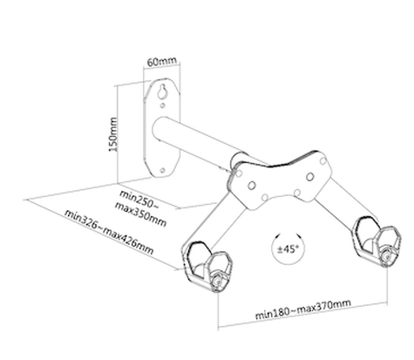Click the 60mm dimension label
pyautogui.click(x=161, y=61)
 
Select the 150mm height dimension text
pyautogui.click(x=112, y=134)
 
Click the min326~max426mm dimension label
pyautogui.click(x=109, y=232)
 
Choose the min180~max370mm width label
pyautogui.click(x=303, y=309)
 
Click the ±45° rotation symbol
pyautogui.click(x=288, y=248)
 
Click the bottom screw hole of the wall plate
pyautogui.click(x=163, y=170)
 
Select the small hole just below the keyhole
pyautogui.click(x=163, y=105)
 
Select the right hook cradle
pyautogui.click(x=377, y=241)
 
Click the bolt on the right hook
pyautogui.click(x=387, y=256)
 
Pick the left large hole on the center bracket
pyautogui.click(x=252, y=185)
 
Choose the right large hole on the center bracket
pyautogui.click(x=310, y=176)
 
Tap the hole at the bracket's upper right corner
pyautogui.click(x=322, y=160)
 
